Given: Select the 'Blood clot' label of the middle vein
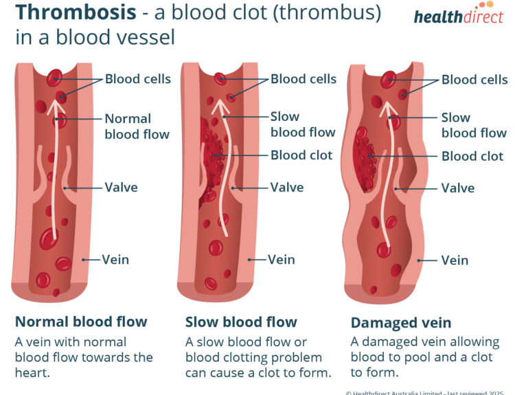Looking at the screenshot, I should click(x=301, y=155).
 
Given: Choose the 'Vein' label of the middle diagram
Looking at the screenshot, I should click(x=281, y=259).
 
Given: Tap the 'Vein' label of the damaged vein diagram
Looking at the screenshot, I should click(x=455, y=260).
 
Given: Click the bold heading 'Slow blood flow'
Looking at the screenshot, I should click(x=241, y=321).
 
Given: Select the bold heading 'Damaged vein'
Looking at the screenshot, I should click(x=391, y=322).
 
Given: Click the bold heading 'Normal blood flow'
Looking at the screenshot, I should click(x=81, y=321).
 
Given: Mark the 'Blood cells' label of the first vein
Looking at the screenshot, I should click(x=137, y=78).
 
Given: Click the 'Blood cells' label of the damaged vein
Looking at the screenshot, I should click(x=474, y=80).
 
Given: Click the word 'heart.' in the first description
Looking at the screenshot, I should click(x=33, y=374).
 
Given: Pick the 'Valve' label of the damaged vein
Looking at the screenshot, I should click(x=458, y=188).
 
